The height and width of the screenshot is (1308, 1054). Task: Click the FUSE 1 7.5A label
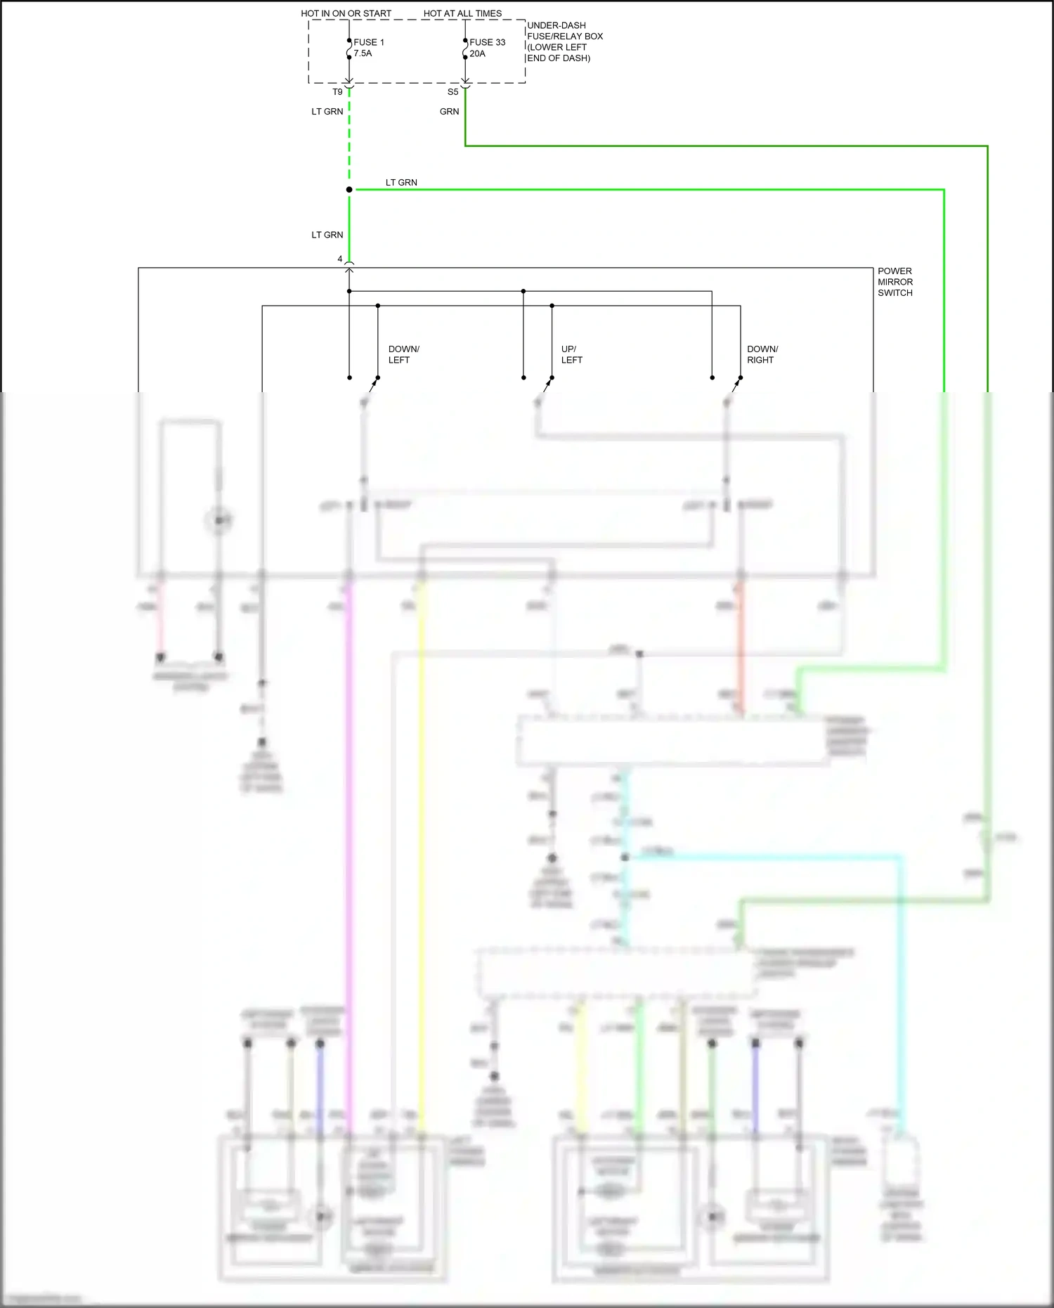tap(368, 48)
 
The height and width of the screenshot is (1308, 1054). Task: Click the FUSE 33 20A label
tap(486, 48)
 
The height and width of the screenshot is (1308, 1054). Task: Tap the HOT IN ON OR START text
tap(346, 13)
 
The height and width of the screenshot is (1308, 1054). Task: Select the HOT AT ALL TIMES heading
tap(462, 13)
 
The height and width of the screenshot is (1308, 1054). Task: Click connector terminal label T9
tap(337, 92)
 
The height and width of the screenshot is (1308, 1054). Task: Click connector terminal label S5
tap(453, 92)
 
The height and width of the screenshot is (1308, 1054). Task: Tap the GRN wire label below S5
tap(449, 112)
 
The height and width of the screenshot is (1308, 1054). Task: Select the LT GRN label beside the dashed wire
tap(327, 112)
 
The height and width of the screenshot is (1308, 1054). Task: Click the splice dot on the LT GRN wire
tap(349, 190)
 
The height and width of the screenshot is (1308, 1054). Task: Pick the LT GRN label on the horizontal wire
tap(401, 183)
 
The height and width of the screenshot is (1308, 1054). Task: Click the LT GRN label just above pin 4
tap(327, 235)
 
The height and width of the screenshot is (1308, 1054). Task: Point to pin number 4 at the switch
tap(340, 259)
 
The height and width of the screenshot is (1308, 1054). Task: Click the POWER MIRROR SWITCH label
tap(894, 282)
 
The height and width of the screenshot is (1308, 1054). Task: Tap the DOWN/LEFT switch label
tap(403, 354)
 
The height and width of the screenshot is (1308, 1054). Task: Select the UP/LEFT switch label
tap(571, 354)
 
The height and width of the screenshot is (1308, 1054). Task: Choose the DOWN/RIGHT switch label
tap(762, 354)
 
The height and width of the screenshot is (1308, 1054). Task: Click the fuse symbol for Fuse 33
tap(465, 49)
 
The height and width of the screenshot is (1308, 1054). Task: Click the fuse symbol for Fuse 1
tap(349, 49)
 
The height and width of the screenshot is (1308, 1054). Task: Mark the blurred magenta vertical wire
tap(349, 843)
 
